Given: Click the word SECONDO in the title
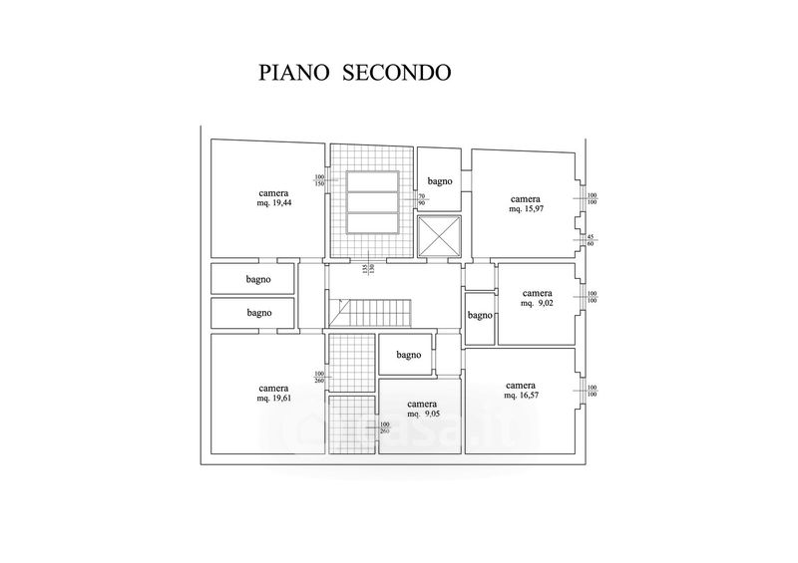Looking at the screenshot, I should point(398,73).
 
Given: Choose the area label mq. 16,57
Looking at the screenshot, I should point(522,396).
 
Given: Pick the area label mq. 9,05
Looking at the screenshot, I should point(422,416).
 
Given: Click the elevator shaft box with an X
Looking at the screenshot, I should point(439,236).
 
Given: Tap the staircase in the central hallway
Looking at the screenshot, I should point(372,312).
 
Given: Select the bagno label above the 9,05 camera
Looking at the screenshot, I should point(407,355).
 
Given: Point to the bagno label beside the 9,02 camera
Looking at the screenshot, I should point(480,316).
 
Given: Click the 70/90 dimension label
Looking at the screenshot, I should point(422,200).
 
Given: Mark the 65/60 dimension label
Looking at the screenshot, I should point(591,239).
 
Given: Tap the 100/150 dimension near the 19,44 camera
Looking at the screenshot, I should point(320,180).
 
